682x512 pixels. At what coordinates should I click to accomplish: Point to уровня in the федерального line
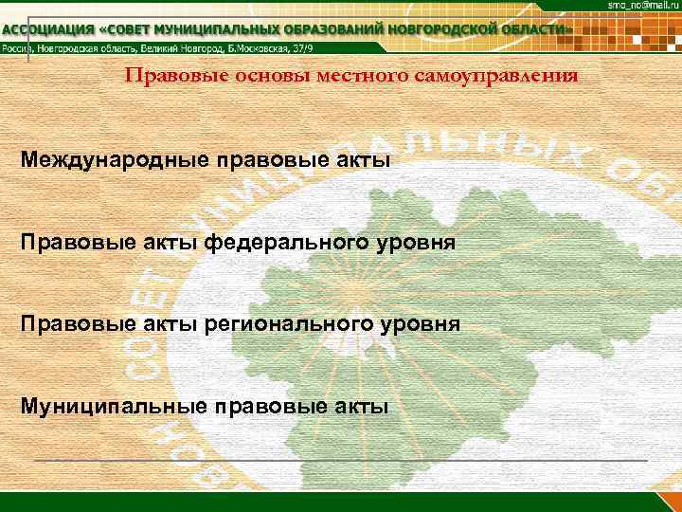coord(414,244)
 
